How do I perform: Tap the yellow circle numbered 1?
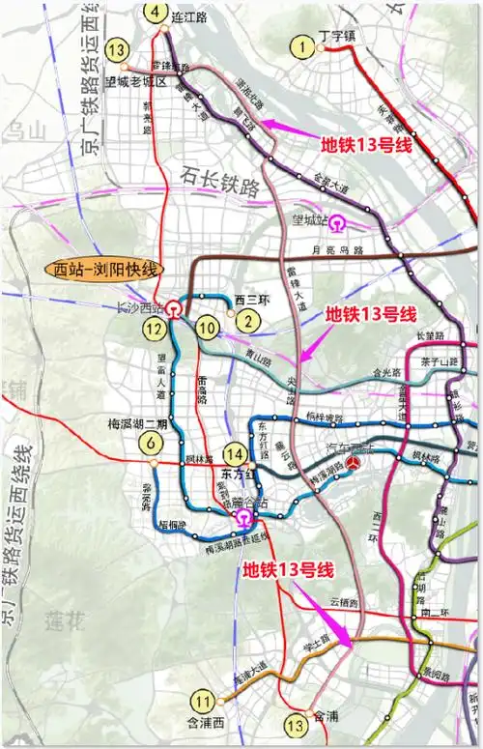306,45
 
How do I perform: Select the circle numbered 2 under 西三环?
249,323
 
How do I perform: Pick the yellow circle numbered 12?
154,329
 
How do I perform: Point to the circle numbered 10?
207,329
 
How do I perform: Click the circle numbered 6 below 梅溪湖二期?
150,444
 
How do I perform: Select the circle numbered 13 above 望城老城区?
118,48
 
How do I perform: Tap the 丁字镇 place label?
338,37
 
